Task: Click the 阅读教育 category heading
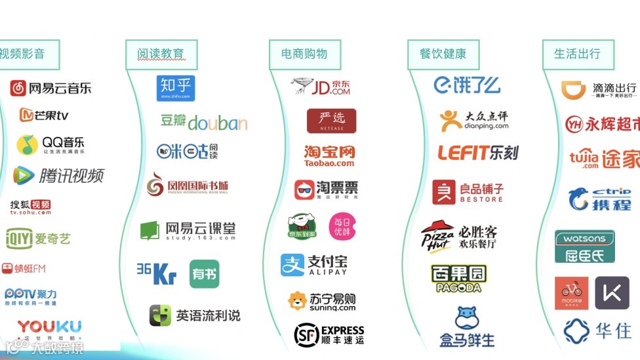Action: (x=161, y=54)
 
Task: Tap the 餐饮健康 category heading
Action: (x=443, y=54)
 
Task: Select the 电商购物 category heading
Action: (x=304, y=54)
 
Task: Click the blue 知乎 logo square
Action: (x=176, y=88)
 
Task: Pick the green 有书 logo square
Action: (x=205, y=274)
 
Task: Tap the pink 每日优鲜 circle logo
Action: (x=342, y=226)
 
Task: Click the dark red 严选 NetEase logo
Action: (x=332, y=121)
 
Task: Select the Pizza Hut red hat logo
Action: (x=437, y=235)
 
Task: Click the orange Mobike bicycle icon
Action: (x=572, y=293)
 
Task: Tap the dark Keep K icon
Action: (x=612, y=293)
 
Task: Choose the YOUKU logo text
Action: (x=50, y=326)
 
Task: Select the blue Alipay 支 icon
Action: (x=292, y=265)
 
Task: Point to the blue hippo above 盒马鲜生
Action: (x=466, y=319)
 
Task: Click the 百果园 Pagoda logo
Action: (x=459, y=278)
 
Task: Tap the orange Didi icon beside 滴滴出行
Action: (x=574, y=90)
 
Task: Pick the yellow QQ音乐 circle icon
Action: (x=27, y=144)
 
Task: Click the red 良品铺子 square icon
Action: (x=444, y=191)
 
